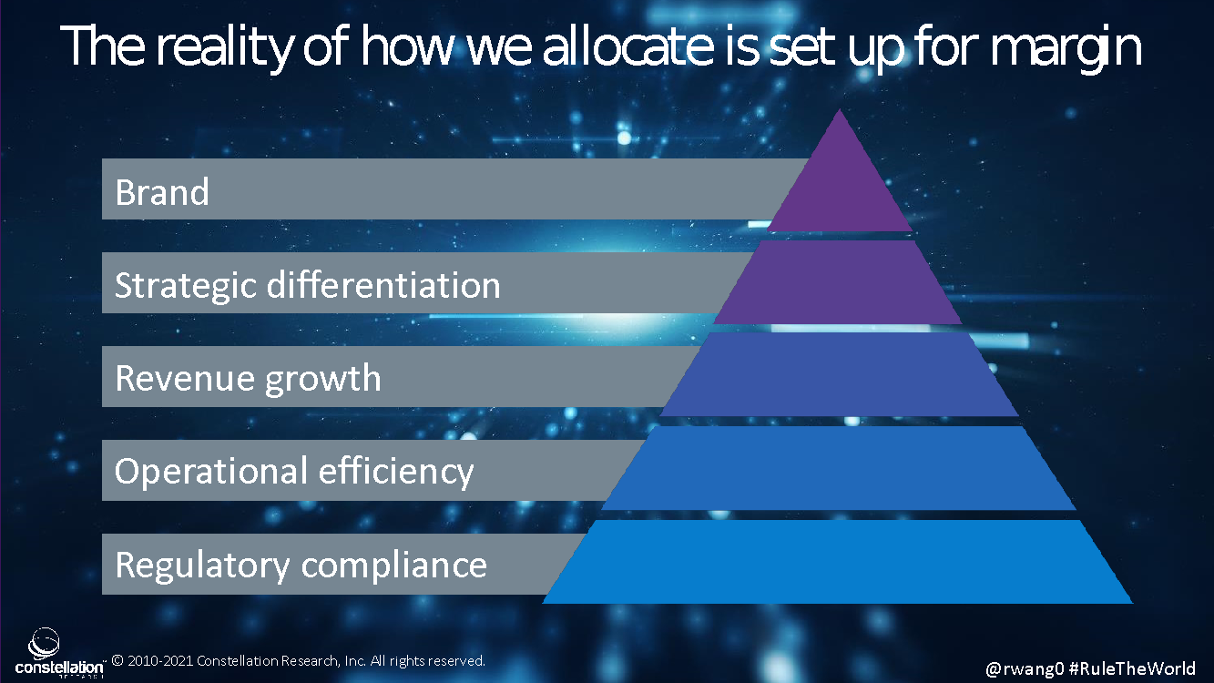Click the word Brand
click(162, 192)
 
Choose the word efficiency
click(395, 472)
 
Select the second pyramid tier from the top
click(838, 282)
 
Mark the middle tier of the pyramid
click(839, 374)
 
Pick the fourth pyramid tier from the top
click(839, 468)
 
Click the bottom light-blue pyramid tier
click(838, 562)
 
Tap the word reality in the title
click(225, 47)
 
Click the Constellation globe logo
click(44, 644)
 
